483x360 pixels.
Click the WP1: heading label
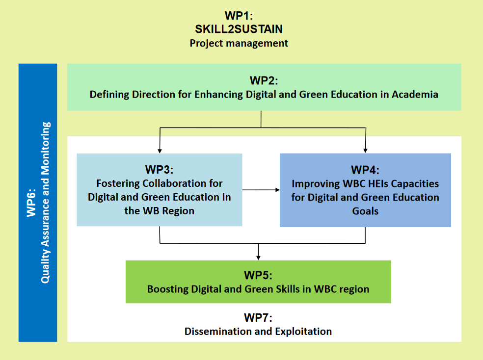tap(239, 16)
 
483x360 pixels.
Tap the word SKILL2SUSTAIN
tap(239, 29)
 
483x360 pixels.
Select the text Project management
tap(239, 43)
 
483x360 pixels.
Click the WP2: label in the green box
tap(264, 80)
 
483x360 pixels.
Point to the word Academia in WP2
tap(415, 94)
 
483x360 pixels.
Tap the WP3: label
tap(159, 170)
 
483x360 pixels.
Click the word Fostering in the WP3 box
tap(118, 183)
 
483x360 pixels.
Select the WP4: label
tap(365, 170)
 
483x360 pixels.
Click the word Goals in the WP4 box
tap(365, 211)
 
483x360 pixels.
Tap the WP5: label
tap(258, 275)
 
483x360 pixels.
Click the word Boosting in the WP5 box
tap(168, 289)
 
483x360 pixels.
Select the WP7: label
tap(258, 317)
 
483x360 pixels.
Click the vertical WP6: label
tap(31, 203)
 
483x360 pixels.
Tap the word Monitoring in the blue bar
tap(45, 149)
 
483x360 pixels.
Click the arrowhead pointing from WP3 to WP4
tap(277, 190)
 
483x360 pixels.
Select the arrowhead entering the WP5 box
tap(259, 258)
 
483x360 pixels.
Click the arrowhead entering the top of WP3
tap(160, 151)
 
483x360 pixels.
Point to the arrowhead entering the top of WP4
tap(365, 151)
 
